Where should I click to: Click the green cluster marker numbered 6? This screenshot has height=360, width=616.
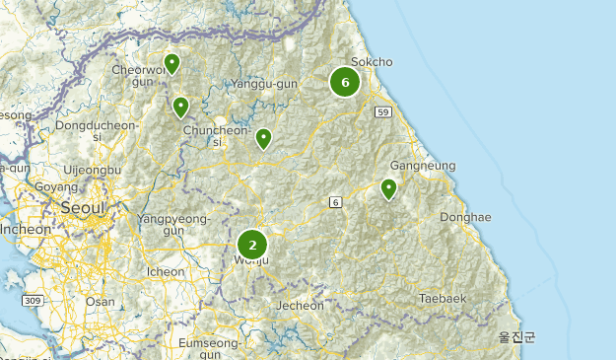345,82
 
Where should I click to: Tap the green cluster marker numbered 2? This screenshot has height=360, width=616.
252,245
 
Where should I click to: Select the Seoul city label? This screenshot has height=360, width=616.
82,208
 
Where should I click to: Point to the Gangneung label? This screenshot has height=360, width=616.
423,166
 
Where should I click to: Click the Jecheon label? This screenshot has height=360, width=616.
300,306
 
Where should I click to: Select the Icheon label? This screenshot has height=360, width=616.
165,271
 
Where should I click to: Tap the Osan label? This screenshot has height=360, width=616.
100,302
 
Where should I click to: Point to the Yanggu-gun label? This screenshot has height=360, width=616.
264,85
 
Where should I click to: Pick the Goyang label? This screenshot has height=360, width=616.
49,187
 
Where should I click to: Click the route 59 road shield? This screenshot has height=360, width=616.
383,111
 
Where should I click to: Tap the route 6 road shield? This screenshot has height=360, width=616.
335,202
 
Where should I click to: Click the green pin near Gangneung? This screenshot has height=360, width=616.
388,188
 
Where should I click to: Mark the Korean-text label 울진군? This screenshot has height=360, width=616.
516,337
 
